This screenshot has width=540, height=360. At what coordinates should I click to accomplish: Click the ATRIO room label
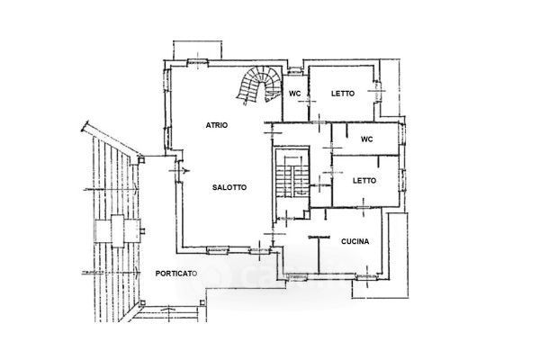[217, 125]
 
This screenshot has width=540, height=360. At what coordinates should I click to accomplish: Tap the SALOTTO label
[229, 187]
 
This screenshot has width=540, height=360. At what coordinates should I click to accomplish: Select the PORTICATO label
[176, 274]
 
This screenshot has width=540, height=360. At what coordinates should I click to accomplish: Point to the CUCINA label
[355, 241]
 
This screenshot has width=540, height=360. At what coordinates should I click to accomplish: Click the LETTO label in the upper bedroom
[343, 94]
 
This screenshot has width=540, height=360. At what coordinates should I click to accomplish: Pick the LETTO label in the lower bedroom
[364, 181]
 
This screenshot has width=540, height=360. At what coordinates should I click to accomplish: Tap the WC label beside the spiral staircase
[294, 94]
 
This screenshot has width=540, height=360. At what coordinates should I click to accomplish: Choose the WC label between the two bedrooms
[367, 139]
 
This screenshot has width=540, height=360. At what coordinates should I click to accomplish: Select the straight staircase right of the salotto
[292, 177]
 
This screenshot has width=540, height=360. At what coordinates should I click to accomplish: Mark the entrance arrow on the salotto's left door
[185, 170]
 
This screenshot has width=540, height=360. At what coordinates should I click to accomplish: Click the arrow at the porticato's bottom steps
[168, 310]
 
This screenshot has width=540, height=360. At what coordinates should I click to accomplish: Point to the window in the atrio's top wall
[198, 62]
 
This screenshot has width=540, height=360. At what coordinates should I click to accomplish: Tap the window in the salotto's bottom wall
[218, 250]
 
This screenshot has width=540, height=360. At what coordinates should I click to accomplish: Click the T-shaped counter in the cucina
[319, 254]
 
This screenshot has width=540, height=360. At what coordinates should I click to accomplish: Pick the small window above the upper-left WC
[295, 71]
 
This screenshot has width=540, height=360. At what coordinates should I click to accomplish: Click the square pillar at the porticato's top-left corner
[141, 159]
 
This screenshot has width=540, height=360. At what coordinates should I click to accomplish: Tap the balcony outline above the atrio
[197, 50]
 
